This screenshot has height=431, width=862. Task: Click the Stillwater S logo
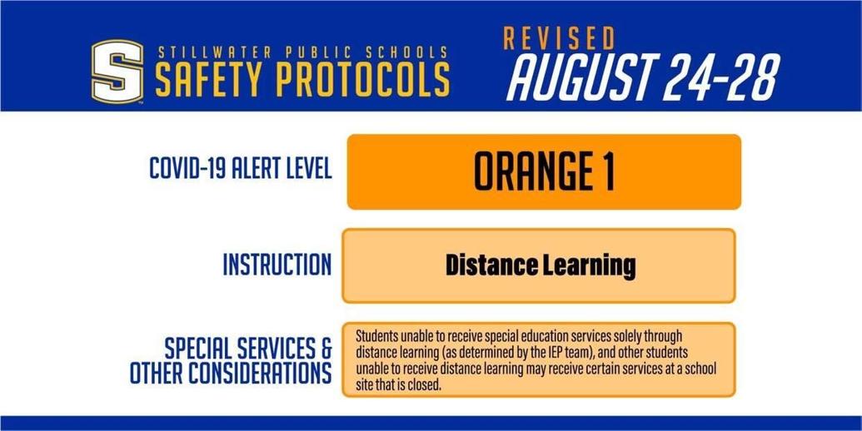[117, 72]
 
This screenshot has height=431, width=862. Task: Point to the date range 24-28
[721, 77]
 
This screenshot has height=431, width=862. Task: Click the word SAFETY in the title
[210, 79]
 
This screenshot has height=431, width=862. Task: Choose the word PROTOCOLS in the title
[363, 79]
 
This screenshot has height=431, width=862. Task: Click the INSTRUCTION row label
[277, 265]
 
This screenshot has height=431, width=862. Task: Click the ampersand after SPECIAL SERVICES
[325, 348]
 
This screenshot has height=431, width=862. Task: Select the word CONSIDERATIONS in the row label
[260, 373]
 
